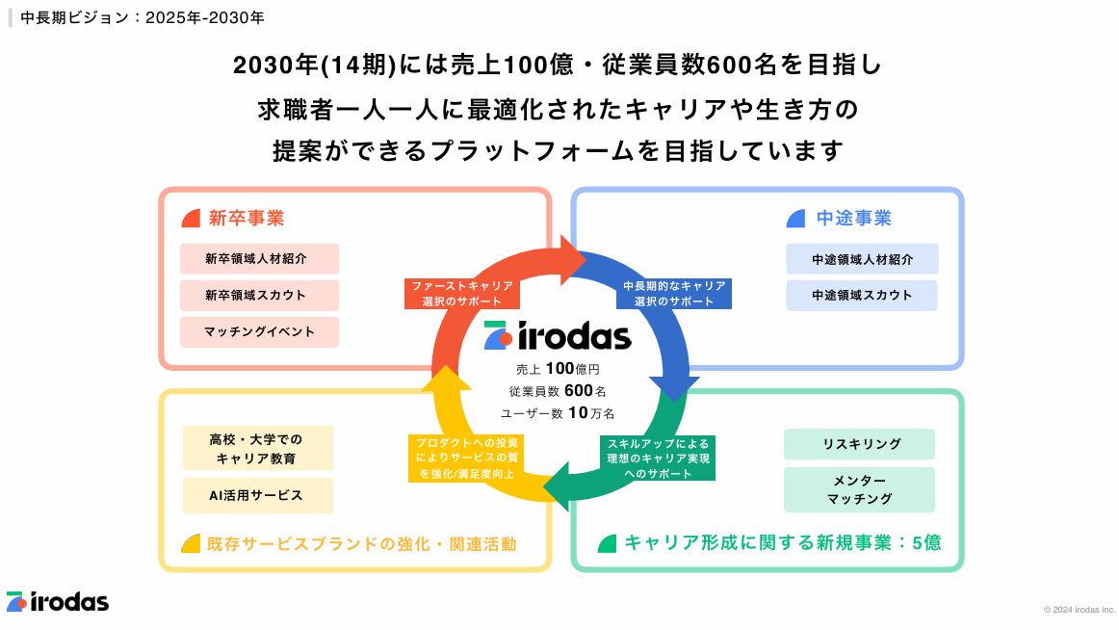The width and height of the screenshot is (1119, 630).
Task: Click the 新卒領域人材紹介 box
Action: (259, 259)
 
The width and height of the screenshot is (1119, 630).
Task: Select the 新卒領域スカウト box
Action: (259, 296)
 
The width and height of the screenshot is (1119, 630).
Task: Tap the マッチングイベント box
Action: (259, 332)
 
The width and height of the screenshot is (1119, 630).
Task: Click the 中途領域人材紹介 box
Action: (862, 259)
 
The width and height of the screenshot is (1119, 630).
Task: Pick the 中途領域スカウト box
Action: (862, 295)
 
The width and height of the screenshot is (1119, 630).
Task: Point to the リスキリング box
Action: (859, 444)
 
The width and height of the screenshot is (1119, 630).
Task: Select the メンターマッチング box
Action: (859, 489)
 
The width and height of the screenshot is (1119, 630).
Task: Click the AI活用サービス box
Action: (257, 495)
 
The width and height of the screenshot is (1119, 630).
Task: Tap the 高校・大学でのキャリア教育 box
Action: (257, 448)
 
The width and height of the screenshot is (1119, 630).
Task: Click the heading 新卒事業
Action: (247, 218)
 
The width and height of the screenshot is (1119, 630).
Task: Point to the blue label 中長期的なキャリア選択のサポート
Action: (673, 294)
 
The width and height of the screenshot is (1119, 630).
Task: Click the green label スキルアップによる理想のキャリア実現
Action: (658, 459)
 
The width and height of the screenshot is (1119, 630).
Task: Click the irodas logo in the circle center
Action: (558, 336)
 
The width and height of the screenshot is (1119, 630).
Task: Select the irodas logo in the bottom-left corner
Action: (57, 602)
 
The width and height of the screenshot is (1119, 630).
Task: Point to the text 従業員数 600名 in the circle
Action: (558, 391)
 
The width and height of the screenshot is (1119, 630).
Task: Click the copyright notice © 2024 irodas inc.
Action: (1078, 609)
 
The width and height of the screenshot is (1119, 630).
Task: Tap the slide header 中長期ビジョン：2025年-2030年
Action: (142, 17)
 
